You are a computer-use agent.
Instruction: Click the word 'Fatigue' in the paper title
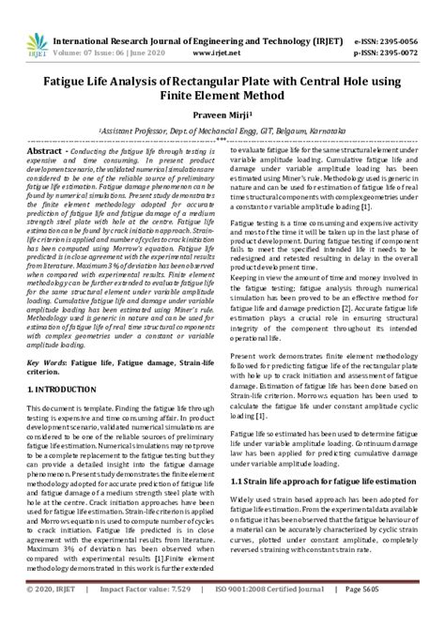62,82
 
